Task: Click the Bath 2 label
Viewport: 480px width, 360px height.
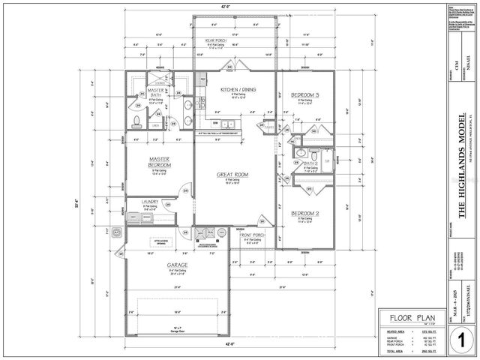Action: coord(311,163)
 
